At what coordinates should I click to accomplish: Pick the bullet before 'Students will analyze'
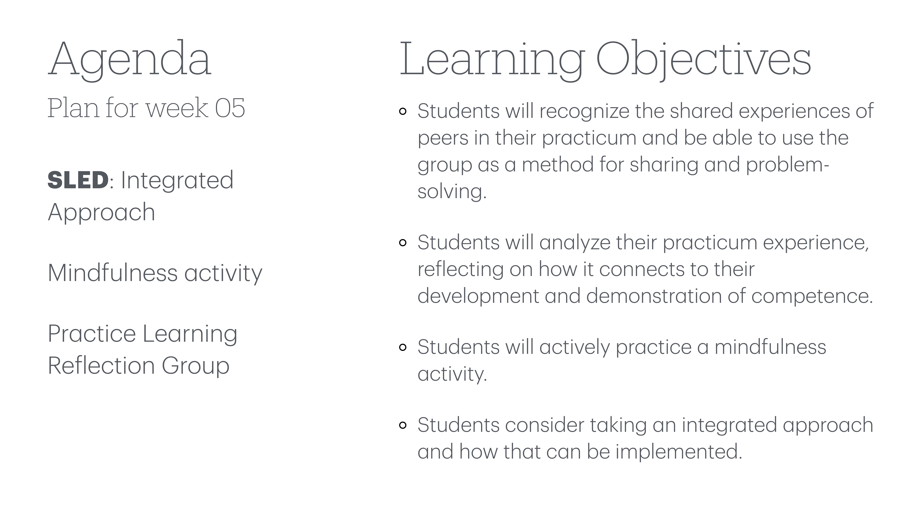tap(403, 243)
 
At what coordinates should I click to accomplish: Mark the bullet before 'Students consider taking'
tap(403, 425)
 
